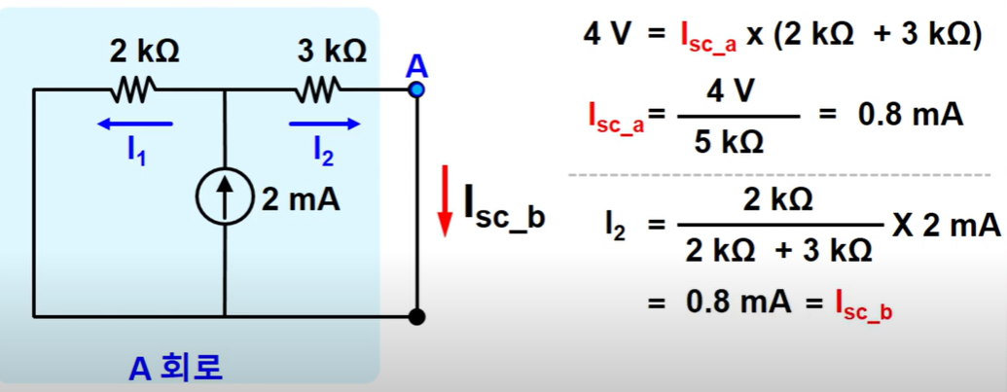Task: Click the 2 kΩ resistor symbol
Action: pyautogui.click(x=131, y=90)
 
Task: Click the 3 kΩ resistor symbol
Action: pyautogui.click(x=317, y=90)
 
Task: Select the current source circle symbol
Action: pyautogui.click(x=224, y=200)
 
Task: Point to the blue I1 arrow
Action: pyautogui.click(x=135, y=124)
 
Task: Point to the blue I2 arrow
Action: pyautogui.click(x=324, y=124)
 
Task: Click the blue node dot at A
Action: pyautogui.click(x=417, y=89)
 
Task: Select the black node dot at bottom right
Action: pyautogui.click(x=417, y=316)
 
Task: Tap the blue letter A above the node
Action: pyautogui.click(x=416, y=66)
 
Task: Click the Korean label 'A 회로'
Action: pyautogui.click(x=176, y=368)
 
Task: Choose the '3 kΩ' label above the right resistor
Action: pyautogui.click(x=332, y=53)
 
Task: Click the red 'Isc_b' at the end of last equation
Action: pyautogui.click(x=864, y=304)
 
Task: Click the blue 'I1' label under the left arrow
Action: pyautogui.click(x=137, y=150)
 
